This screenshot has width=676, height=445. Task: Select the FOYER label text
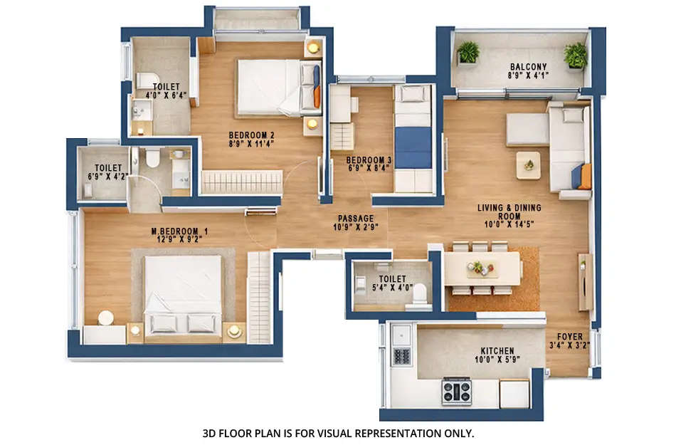click(x=570, y=341)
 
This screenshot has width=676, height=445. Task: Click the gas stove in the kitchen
click(x=456, y=391)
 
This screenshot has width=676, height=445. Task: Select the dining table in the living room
click(x=482, y=268)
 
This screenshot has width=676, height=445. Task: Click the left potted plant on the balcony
click(x=468, y=52)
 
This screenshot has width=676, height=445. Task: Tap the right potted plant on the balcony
click(x=575, y=55)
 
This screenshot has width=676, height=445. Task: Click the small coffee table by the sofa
click(x=528, y=164)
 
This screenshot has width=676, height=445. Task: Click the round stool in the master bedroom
click(x=106, y=318)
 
